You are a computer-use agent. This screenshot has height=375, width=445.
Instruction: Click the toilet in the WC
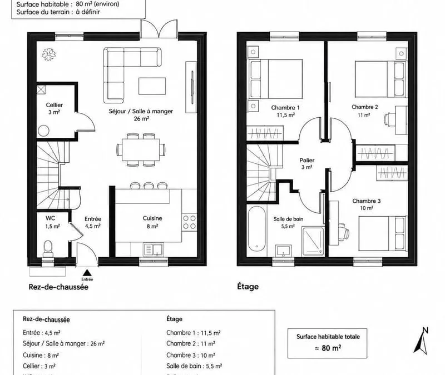pos(48,248)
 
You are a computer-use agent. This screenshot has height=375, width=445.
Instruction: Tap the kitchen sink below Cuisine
pos(154,249)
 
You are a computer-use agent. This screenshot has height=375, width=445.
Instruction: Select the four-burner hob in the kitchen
pos(189,222)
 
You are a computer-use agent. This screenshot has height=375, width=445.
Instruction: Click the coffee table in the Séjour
pos(152,86)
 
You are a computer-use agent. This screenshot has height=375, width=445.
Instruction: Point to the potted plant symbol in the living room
pos(49,54)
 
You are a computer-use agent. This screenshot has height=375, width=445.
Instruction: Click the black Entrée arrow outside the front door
pos(87,273)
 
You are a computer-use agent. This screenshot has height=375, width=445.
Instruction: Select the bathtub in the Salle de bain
pos(256,228)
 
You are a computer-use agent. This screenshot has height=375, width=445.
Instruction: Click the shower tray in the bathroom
pos(313,241)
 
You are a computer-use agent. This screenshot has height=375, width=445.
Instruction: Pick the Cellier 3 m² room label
pos(54,108)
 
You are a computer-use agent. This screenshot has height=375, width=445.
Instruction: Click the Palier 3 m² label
pos(307,163)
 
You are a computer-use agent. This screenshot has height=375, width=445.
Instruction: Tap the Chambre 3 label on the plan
pos(367,201)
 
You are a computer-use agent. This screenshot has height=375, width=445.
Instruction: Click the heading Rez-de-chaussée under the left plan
pos(58,287)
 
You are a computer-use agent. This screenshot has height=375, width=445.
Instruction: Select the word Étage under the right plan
pos(248,286)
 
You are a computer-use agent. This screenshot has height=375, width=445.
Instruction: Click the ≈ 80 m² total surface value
pos(328,348)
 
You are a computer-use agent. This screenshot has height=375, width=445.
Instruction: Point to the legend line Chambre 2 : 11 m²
pos(191,343)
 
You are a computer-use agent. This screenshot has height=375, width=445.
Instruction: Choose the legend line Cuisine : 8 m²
pos(41,355)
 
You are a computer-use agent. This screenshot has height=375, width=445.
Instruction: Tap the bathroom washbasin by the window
pos(284,251)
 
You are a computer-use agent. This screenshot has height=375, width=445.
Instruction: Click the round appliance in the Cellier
pos(44,131)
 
